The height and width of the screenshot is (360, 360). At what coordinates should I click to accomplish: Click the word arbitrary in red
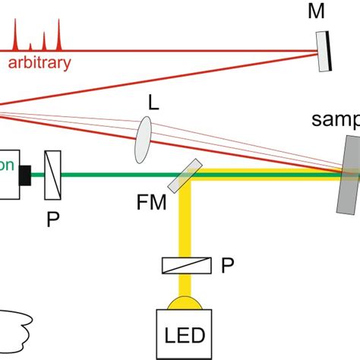pyautogui.click(x=39, y=62)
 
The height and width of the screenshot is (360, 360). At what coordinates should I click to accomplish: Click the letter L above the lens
pyautogui.click(x=153, y=102)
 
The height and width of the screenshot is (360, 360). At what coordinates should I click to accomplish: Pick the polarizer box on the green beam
pyautogui.click(x=52, y=175)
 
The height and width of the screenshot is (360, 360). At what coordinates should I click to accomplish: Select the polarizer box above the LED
pyautogui.click(x=185, y=265)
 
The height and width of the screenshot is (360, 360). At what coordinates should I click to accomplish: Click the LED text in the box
pyautogui.click(x=185, y=333)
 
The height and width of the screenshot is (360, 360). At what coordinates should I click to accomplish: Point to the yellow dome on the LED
pyautogui.click(x=185, y=303)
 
